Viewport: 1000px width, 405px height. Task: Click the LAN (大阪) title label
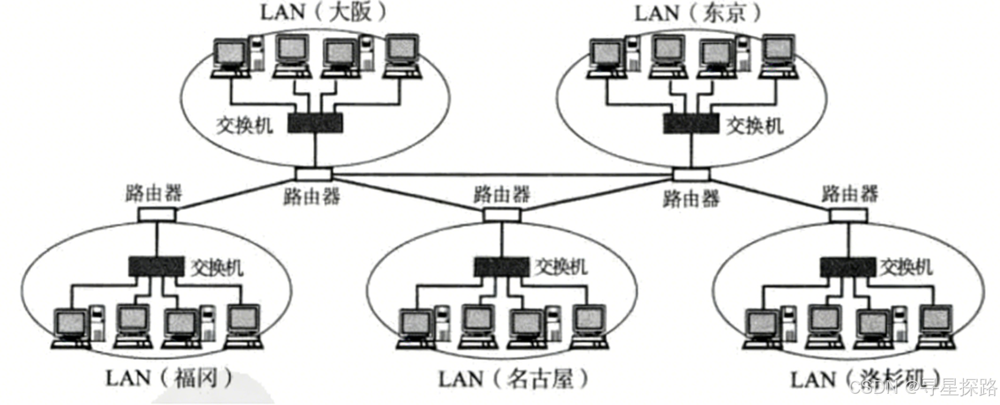pyautogui.click(x=323, y=12)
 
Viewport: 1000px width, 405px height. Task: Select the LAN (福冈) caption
pyautogui.click(x=169, y=378)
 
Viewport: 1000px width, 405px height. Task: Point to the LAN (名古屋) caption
pyautogui.click(x=513, y=378)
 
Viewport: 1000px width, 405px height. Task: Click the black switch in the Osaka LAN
pyautogui.click(x=316, y=123)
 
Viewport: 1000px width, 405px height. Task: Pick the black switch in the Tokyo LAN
pyautogui.click(x=690, y=123)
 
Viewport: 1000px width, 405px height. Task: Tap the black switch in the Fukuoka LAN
pyautogui.click(x=156, y=266)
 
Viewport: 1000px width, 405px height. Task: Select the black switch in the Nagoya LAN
pyautogui.click(x=501, y=266)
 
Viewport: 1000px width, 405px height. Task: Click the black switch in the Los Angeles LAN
pyautogui.click(x=847, y=266)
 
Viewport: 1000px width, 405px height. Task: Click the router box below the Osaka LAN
pyautogui.click(x=314, y=173)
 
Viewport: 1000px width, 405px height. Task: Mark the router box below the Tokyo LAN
pyautogui.click(x=692, y=174)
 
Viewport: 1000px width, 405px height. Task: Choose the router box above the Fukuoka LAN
pyautogui.click(x=157, y=213)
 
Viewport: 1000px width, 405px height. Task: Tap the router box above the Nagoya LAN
pyautogui.click(x=501, y=214)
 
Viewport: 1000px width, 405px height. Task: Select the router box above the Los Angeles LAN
pyautogui.click(x=848, y=214)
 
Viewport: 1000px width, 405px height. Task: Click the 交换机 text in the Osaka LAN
pyautogui.click(x=245, y=125)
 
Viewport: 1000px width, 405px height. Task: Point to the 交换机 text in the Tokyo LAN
pyautogui.click(x=755, y=125)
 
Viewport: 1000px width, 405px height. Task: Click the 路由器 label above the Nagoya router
pyautogui.click(x=501, y=194)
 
